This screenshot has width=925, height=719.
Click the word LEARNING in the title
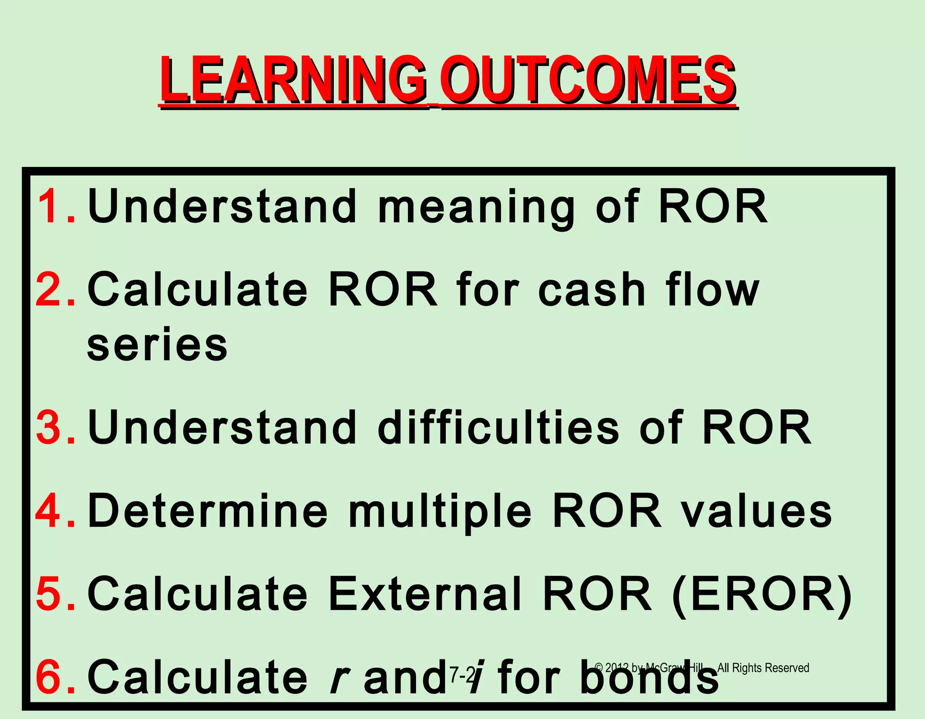(x=294, y=80)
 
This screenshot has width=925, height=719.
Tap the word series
(x=157, y=345)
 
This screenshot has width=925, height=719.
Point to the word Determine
(x=208, y=510)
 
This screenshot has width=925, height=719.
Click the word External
(x=425, y=594)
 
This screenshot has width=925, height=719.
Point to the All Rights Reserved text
(x=763, y=668)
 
